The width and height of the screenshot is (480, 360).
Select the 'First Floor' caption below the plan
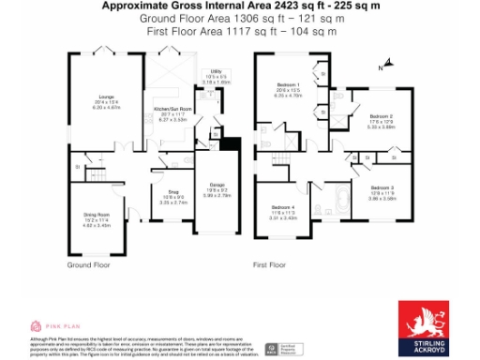pos(272,265)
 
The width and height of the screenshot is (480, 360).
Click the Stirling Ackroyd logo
pos(428,323)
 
